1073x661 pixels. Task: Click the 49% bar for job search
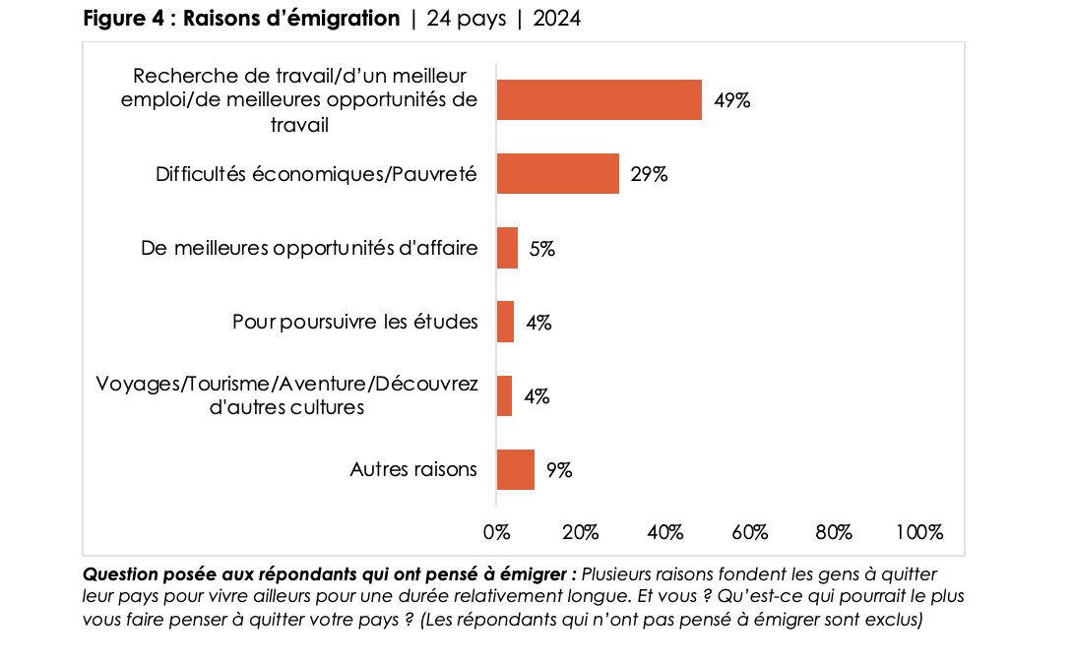coord(599,99)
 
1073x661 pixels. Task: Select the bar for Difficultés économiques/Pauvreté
coord(557,174)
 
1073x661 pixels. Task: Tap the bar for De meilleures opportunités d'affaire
coord(507,248)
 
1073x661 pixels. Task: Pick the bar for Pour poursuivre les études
coord(505,322)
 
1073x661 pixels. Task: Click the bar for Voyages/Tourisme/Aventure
coord(504,395)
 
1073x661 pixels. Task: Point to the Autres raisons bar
coord(515,469)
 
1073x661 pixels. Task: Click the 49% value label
coord(732,100)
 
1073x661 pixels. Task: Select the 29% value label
coord(650,174)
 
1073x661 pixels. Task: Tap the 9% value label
coord(559,470)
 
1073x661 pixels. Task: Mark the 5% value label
coord(542,249)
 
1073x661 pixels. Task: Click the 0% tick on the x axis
coord(496,532)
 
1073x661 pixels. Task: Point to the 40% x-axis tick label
coord(665,532)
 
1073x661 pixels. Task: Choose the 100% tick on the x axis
coord(919,532)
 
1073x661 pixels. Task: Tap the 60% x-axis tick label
coord(750,532)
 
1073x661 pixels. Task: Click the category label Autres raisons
coord(413,469)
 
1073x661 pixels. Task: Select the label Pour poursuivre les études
coord(355,322)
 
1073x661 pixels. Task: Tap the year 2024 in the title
coord(557,19)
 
